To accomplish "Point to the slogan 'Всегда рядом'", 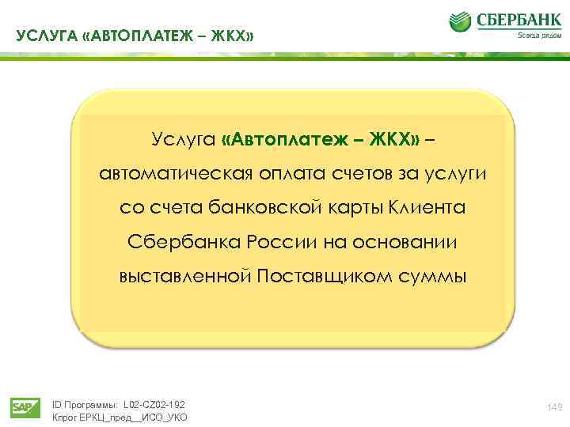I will point(534,35).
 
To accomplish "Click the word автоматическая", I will point(173,174).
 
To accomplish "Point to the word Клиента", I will point(429,208).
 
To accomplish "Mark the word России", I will point(287,241).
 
